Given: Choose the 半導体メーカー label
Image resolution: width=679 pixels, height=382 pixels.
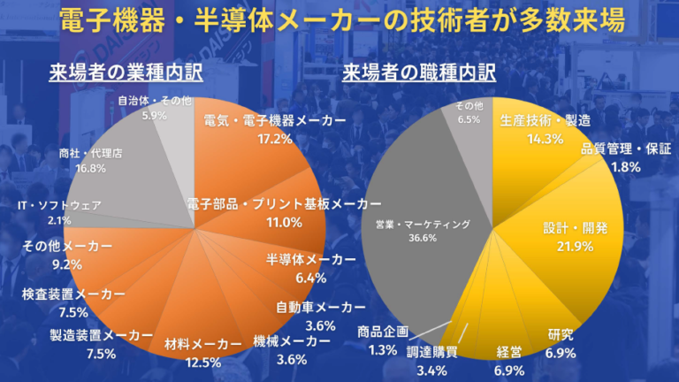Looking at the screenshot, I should click(x=311, y=259).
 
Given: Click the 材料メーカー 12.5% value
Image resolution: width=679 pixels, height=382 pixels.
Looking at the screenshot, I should click(x=204, y=362).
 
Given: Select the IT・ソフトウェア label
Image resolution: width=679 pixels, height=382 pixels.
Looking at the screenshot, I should click(x=59, y=205).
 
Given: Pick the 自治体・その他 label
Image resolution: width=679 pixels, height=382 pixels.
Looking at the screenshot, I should click(x=154, y=101).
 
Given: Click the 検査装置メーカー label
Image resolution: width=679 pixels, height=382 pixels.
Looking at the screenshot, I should click(x=74, y=294).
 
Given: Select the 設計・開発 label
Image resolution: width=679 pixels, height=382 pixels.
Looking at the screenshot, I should click(x=575, y=227).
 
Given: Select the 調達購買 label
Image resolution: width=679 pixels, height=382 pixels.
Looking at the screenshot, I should click(x=431, y=350).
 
